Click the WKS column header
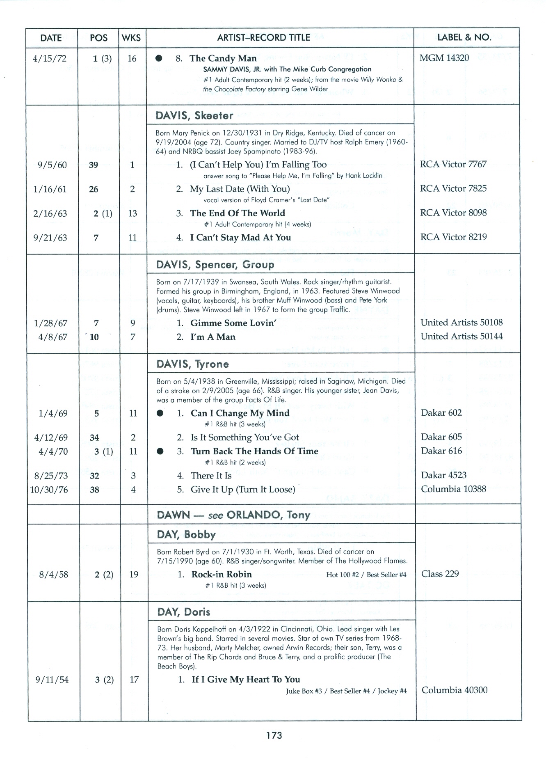(131, 38)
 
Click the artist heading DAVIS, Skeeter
(194, 115)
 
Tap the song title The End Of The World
(237, 213)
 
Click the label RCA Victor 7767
(453, 164)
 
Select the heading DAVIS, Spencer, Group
(215, 264)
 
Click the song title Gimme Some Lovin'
(233, 323)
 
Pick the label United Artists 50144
(461, 337)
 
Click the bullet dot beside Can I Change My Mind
(160, 413)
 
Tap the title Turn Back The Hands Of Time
(254, 451)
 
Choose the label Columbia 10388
(453, 489)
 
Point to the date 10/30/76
(49, 490)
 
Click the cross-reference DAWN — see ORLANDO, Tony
(233, 515)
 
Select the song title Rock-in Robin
(221, 574)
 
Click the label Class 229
(440, 574)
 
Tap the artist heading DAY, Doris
(184, 612)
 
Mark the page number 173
(274, 735)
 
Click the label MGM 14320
(444, 58)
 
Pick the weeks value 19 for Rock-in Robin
(134, 575)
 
